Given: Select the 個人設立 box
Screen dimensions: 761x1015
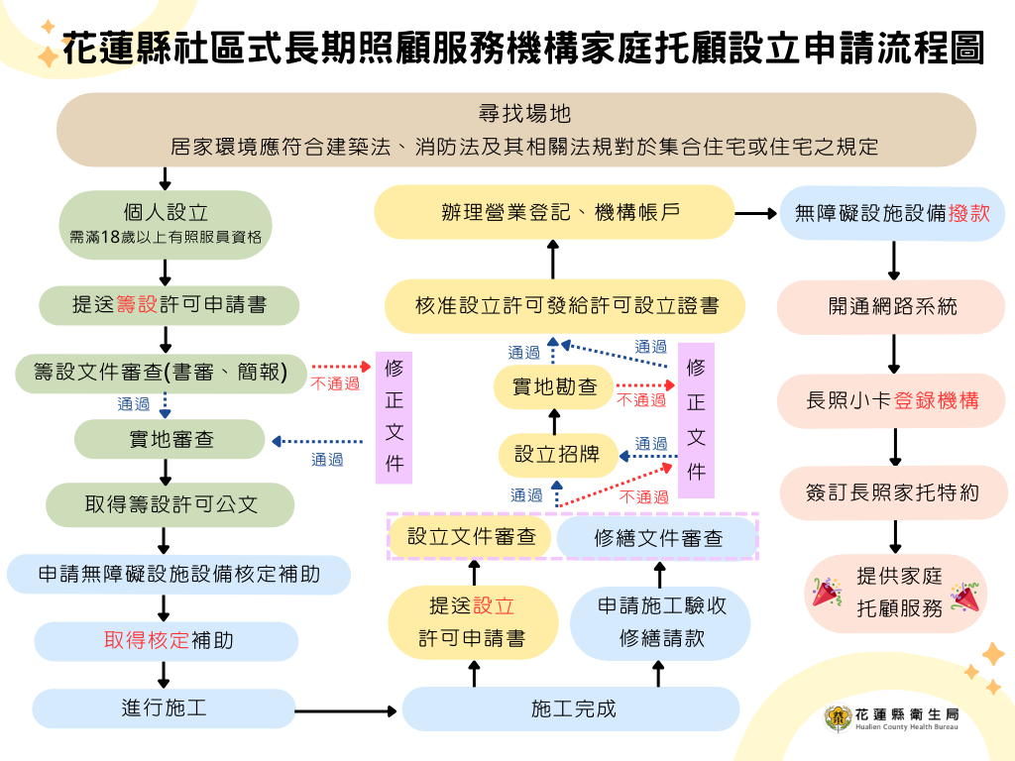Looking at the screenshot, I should (x=166, y=219).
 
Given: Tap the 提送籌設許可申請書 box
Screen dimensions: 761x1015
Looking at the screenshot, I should (x=169, y=305).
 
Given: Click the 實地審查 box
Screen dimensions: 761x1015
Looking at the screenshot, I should (x=170, y=439).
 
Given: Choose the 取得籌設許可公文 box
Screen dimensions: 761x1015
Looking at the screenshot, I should (x=170, y=504).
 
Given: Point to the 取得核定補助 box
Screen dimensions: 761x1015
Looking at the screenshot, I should (x=167, y=640).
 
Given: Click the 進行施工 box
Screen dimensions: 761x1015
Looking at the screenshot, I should (x=165, y=708).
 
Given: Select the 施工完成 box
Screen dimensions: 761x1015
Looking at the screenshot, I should (x=571, y=708).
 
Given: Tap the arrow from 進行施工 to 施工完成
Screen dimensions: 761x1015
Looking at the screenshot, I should (x=347, y=709).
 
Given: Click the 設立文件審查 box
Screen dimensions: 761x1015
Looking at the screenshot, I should (x=472, y=537).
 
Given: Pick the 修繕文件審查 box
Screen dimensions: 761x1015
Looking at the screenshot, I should (x=657, y=538).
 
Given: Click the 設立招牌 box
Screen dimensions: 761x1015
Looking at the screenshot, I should (x=557, y=455).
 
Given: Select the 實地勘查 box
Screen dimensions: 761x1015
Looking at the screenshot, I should (x=554, y=387).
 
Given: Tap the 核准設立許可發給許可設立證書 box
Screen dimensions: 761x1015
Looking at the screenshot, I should (x=566, y=305).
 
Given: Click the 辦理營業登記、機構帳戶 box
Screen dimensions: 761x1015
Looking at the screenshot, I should (x=553, y=213).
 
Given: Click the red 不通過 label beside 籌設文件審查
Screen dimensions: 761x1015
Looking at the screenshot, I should (x=335, y=383).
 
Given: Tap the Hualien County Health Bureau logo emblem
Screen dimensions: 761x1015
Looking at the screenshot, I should (x=839, y=718).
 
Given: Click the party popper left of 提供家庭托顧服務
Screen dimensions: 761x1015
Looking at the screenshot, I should (x=826, y=593).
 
